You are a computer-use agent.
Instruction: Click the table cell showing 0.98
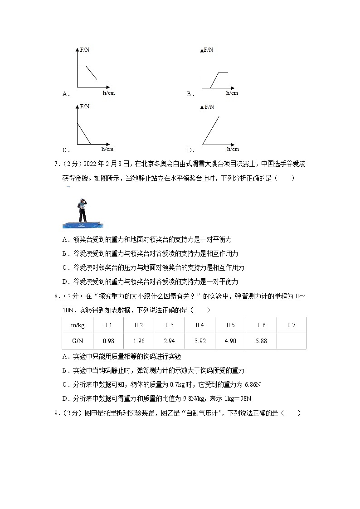pyautogui.click(x=108, y=341)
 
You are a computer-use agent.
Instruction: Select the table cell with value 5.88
pyautogui.click(x=261, y=341)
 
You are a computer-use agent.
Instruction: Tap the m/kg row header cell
pyautogui.click(x=78, y=325)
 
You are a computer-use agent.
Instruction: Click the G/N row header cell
pyautogui.click(x=78, y=341)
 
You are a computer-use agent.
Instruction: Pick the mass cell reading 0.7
pyautogui.click(x=291, y=325)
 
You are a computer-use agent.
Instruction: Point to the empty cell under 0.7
pyautogui.click(x=291, y=341)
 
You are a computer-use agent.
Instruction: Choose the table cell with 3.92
pyautogui.click(x=199, y=341)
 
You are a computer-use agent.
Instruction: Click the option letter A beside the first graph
pyautogui.click(x=65, y=94)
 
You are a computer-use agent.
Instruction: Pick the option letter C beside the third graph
pyautogui.click(x=65, y=150)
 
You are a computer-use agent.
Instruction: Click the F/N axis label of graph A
pyautogui.click(x=85, y=50)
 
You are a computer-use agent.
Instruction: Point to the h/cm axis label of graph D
pyautogui.click(x=233, y=149)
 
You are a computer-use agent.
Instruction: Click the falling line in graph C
pyautogui.click(x=84, y=134)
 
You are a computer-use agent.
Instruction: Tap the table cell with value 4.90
pyautogui.click(x=230, y=341)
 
